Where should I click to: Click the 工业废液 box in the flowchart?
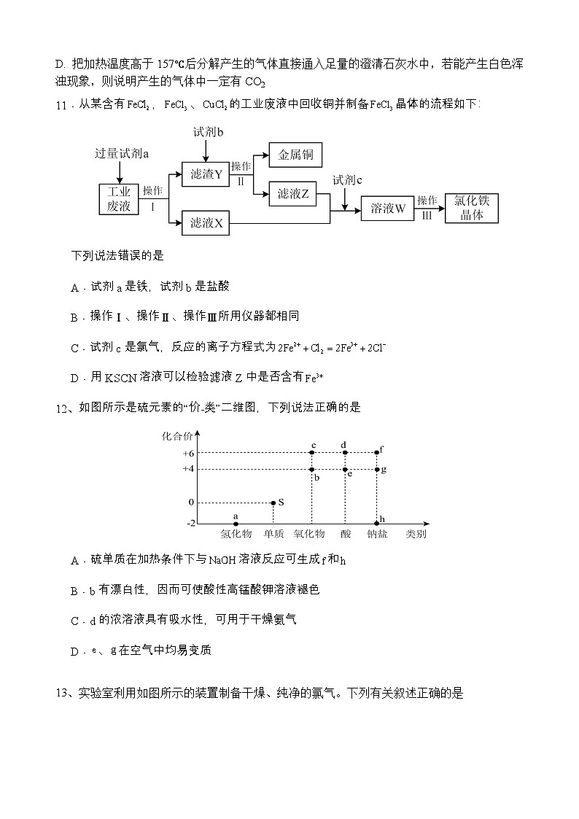tap(119, 198)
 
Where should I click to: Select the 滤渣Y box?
tap(206, 174)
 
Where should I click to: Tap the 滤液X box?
tap(206, 222)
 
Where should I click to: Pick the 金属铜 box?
tap(295, 155)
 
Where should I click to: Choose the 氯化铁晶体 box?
tap(471, 208)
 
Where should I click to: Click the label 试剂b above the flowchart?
tap(208, 132)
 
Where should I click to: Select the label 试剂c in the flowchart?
tap(348, 179)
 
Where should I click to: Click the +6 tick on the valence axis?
tap(188, 453)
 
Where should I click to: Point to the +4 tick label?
tap(188, 469)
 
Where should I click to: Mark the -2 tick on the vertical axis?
tap(190, 523)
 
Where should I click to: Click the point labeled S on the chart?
tap(273, 502)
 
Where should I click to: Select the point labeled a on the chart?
tap(236, 523)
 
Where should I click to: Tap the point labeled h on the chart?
tap(377, 523)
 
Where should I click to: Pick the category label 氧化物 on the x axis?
tap(309, 534)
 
